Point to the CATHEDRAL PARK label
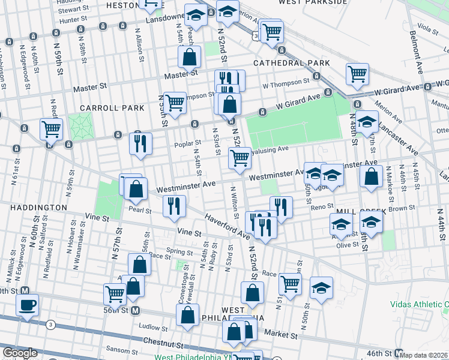click(292, 63)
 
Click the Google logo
click(20, 353)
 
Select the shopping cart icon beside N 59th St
click(51, 128)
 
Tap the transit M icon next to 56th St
click(136, 311)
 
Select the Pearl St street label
click(139, 210)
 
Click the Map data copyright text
click(424, 355)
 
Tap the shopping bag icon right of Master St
click(189, 58)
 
